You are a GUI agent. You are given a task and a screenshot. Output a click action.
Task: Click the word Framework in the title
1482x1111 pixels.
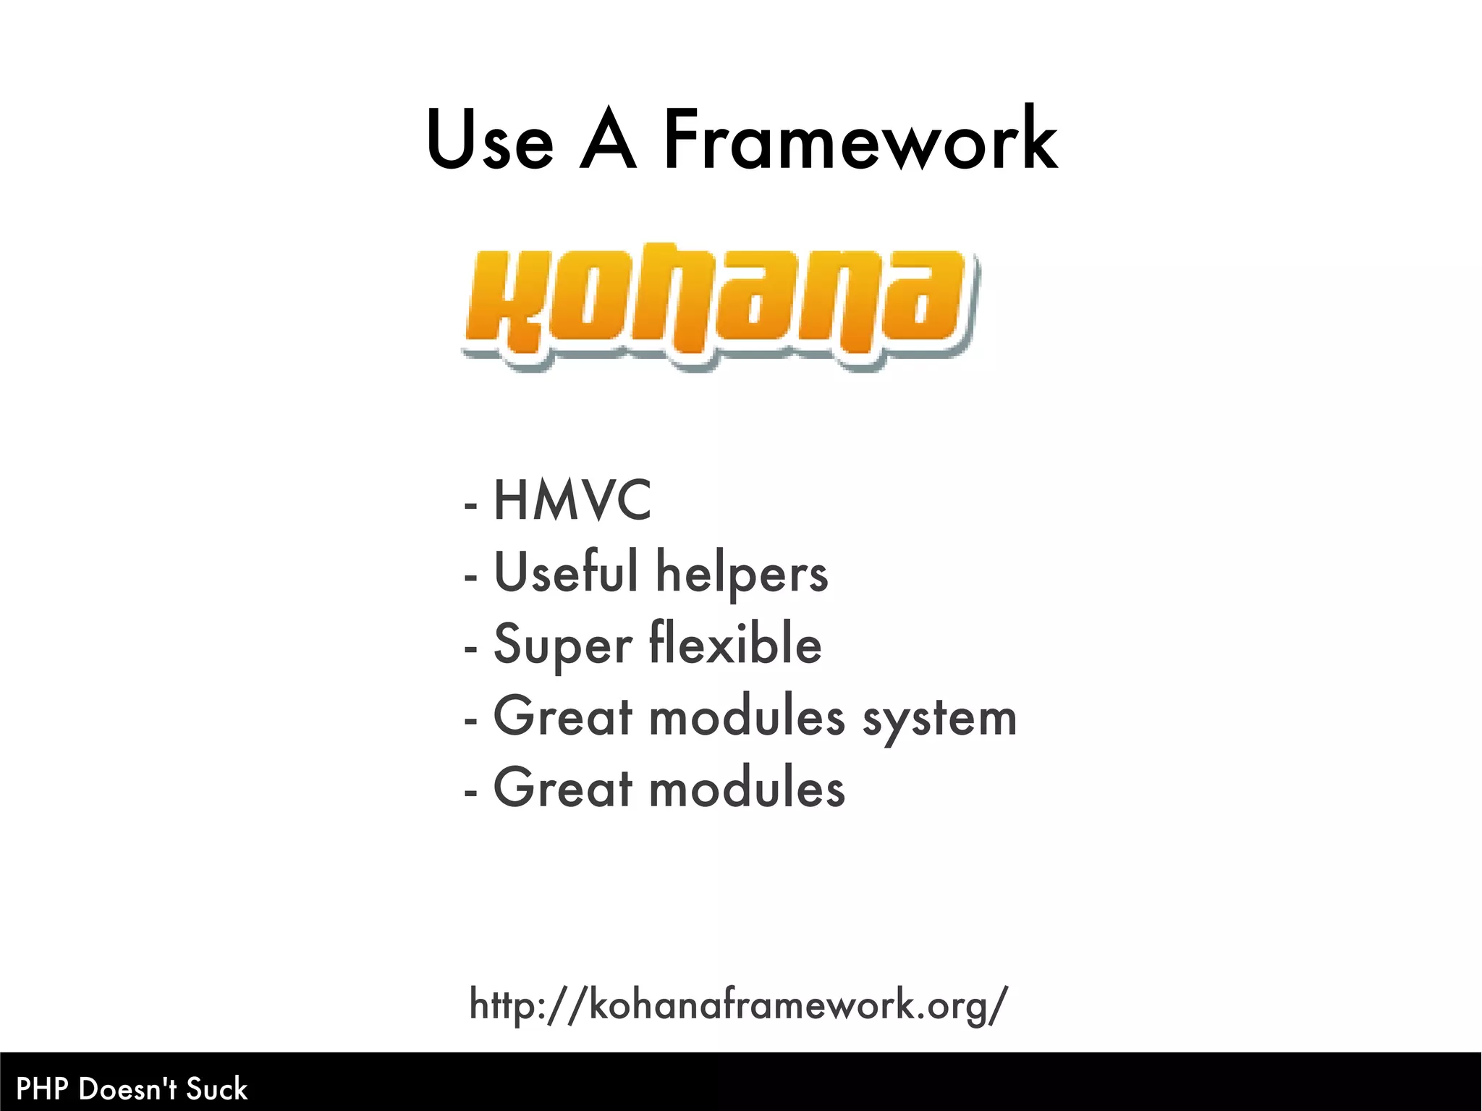point(860,139)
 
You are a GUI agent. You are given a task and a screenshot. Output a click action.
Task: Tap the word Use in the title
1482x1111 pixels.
point(490,139)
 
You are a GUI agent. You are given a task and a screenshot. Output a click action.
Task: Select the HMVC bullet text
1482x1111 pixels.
point(572,500)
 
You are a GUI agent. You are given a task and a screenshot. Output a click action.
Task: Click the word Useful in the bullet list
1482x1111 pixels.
point(566,572)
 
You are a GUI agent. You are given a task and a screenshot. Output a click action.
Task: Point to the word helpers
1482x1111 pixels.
point(742,573)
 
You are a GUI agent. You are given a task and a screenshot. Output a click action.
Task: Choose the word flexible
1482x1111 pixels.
point(735,643)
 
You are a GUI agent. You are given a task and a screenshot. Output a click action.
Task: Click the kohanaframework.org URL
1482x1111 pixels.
point(738,1005)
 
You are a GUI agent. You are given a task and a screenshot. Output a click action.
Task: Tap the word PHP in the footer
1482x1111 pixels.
point(43,1089)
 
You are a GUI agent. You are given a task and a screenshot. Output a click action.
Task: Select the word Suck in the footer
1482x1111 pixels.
point(217,1089)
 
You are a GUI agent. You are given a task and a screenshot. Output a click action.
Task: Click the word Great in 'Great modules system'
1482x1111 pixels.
point(563,717)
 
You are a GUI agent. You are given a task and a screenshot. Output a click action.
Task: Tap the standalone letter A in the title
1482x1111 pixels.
point(608,139)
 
